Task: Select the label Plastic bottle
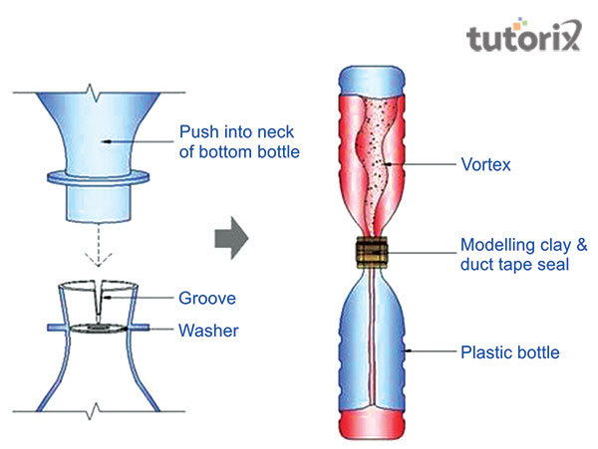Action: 502,351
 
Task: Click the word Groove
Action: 207,298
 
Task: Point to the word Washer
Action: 208,331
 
